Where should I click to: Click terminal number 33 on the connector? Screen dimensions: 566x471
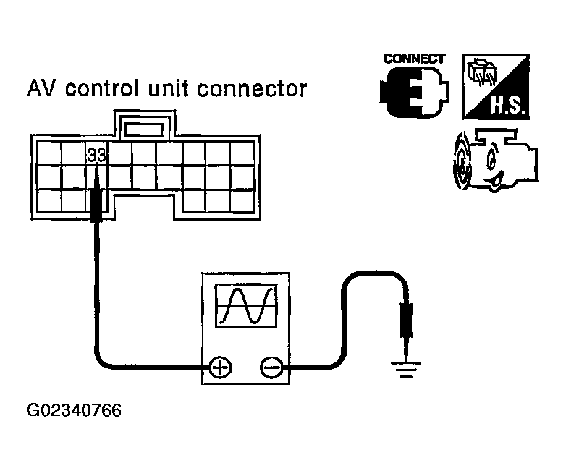pyautogui.click(x=97, y=156)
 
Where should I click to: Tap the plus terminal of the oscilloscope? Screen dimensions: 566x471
pyautogui.click(x=221, y=368)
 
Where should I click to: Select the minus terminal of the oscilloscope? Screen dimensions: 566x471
pyautogui.click(x=271, y=368)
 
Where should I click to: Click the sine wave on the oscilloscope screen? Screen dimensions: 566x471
pyautogui.click(x=247, y=306)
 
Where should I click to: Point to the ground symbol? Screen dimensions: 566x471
pyautogui.click(x=406, y=369)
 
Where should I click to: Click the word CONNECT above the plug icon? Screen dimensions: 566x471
pyautogui.click(x=414, y=59)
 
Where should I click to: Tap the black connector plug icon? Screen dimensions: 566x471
pyautogui.click(x=415, y=92)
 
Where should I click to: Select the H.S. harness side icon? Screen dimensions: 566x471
pyautogui.click(x=496, y=87)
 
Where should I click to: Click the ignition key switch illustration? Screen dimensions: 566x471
pyautogui.click(x=496, y=160)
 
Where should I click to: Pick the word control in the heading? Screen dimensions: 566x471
pyautogui.click(x=102, y=88)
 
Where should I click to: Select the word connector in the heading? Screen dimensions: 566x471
pyautogui.click(x=253, y=89)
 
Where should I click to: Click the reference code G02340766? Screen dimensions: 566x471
pyautogui.click(x=74, y=411)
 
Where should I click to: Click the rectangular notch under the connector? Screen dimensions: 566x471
pyautogui.click(x=145, y=207)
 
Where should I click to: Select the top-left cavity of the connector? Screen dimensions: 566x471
pyautogui.click(x=49, y=153)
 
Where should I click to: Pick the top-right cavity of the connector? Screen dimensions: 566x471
pyautogui.click(x=242, y=153)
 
